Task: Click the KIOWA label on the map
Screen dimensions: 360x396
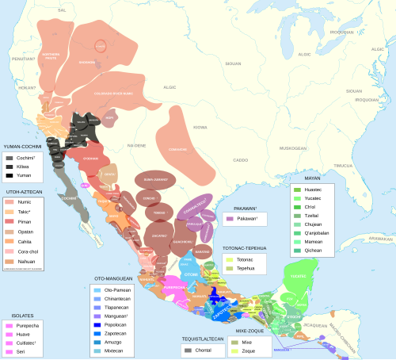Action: (200, 127)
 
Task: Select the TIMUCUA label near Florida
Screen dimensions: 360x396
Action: (341, 166)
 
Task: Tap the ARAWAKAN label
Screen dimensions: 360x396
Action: (382, 238)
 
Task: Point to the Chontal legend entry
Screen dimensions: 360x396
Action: (201, 349)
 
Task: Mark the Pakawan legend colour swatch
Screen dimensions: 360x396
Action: (230, 217)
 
